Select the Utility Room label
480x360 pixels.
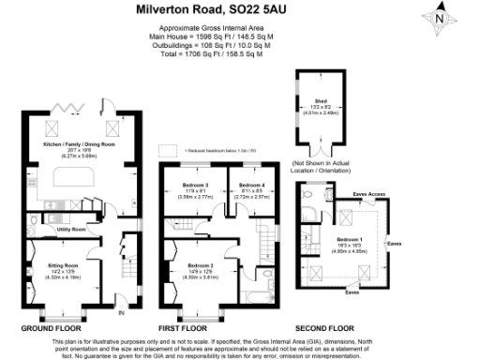point(71,229)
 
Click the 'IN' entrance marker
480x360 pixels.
point(121,312)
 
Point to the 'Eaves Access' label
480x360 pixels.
point(369,195)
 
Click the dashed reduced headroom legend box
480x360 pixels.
point(169,149)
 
